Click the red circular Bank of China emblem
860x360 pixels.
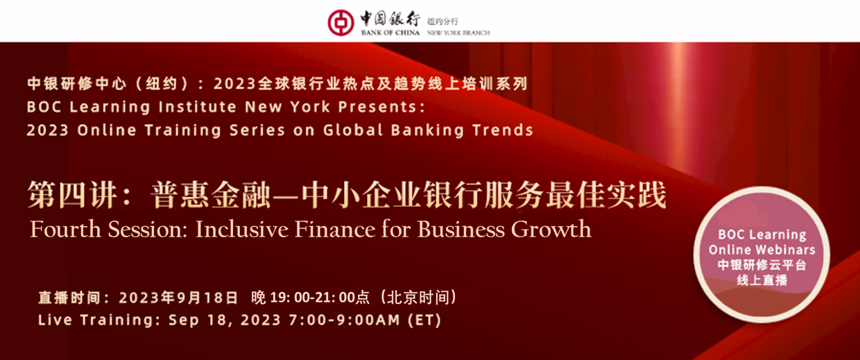pos(341,23)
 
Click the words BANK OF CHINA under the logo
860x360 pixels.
pos(390,33)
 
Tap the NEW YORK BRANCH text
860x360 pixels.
pos(458,33)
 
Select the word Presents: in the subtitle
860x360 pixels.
pos(381,107)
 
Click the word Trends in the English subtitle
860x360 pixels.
pos(503,130)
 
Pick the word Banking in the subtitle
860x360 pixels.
pos(428,130)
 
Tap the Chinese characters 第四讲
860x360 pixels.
pos(72,195)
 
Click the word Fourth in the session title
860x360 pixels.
pos(65,229)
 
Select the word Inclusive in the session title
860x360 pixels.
pos(242,229)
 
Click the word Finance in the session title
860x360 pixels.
pos(335,229)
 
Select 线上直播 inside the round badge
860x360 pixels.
pos(762,280)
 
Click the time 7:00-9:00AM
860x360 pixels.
pos(345,320)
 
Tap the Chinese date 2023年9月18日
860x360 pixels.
pos(178,298)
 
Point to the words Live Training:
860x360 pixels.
pos(99,320)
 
